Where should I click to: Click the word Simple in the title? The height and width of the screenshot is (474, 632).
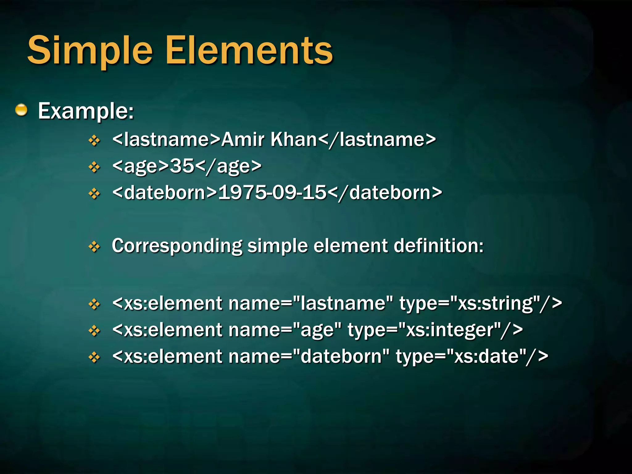tap(90, 51)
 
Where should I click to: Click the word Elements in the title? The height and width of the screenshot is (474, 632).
tap(249, 51)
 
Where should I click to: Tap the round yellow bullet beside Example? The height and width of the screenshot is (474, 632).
tap(21, 110)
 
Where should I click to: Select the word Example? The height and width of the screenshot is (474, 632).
tap(86, 111)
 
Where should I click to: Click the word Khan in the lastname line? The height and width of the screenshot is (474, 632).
tap(294, 139)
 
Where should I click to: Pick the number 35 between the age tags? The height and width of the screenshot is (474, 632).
tap(182, 166)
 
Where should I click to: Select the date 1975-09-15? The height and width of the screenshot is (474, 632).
tap(272, 193)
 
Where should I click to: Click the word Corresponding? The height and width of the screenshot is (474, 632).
tap(177, 246)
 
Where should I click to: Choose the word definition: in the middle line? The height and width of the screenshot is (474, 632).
tap(439, 246)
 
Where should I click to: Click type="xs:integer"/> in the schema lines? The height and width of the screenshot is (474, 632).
tap(435, 330)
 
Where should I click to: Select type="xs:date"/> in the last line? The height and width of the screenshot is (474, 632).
tap(472, 357)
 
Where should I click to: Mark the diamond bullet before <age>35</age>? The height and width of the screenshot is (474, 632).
tap(94, 167)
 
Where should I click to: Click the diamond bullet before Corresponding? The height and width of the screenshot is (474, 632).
tap(94, 247)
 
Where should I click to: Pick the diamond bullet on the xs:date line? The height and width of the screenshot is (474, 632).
tap(94, 357)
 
